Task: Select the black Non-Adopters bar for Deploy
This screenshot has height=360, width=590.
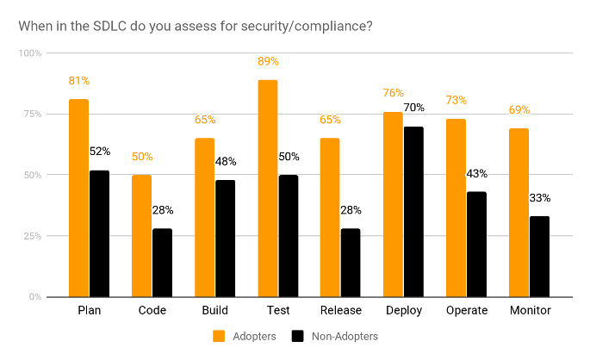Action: click(x=413, y=211)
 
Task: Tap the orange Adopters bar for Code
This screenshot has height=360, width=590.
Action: click(x=141, y=235)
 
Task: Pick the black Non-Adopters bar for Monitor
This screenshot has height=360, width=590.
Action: click(x=539, y=256)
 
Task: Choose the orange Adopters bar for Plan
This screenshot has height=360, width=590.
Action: click(x=79, y=197)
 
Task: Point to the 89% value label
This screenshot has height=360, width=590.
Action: click(x=267, y=61)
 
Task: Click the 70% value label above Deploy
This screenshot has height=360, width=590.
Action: click(x=413, y=108)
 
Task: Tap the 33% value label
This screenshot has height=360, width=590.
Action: click(x=539, y=197)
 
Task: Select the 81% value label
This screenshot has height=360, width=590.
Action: click(x=79, y=81)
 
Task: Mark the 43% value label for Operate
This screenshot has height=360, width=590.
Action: click(x=476, y=173)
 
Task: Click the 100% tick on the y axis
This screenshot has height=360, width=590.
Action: click(x=31, y=53)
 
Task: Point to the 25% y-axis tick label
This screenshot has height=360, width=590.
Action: click(x=33, y=236)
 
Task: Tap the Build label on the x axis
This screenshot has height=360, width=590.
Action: click(x=215, y=310)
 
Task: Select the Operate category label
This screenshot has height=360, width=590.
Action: click(x=466, y=310)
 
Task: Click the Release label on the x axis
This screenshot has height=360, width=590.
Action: click(x=340, y=310)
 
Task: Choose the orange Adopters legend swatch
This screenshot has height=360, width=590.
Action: click(x=218, y=336)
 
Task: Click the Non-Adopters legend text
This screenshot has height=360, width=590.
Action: click(x=345, y=336)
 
